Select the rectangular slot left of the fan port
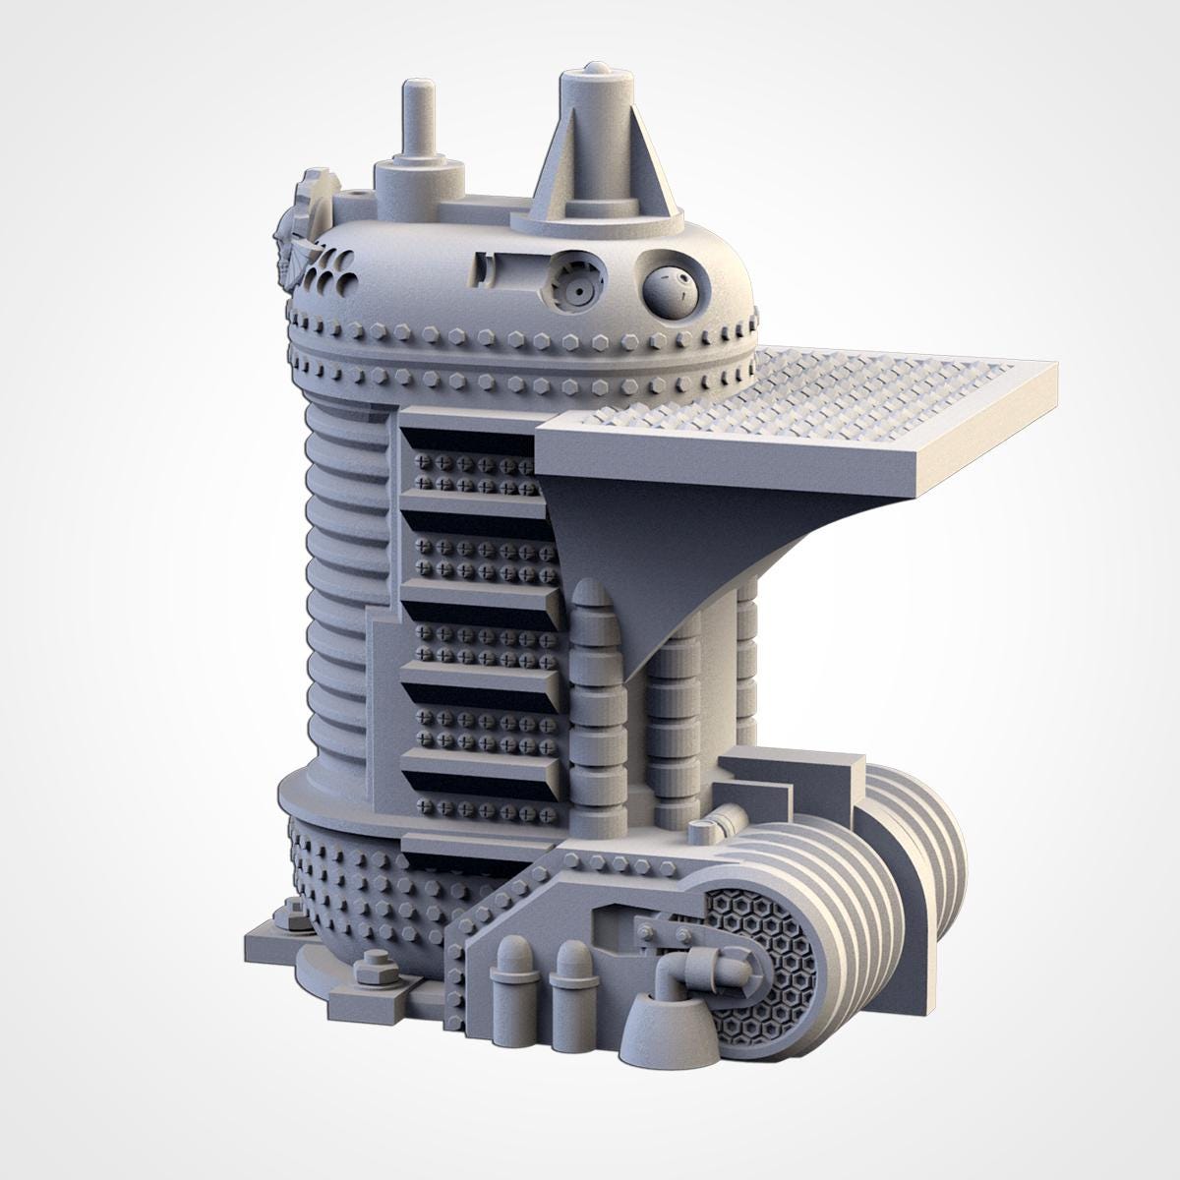pos(484,268)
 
